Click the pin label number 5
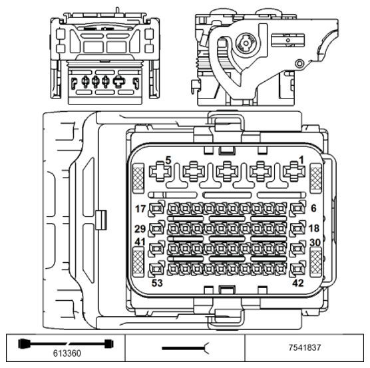tap(168, 160)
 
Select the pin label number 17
tap(140, 208)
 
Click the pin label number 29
tap(140, 229)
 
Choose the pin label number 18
tap(313, 229)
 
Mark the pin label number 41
tap(140, 242)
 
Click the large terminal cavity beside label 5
tap(160, 173)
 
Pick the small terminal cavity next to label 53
tap(157, 270)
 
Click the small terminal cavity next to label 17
tap(157, 210)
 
